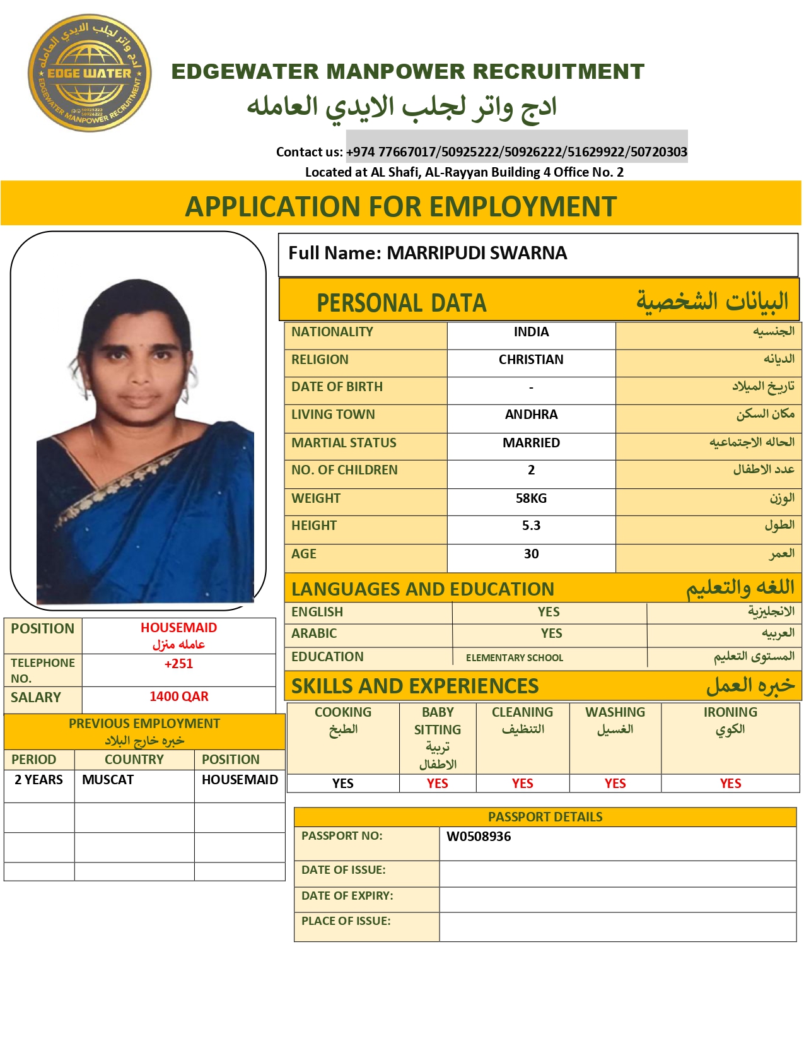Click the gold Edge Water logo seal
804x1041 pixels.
pyautogui.click(x=90, y=73)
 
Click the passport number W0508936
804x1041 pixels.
pyautogui.click(x=479, y=837)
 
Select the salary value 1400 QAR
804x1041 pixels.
pyautogui.click(x=178, y=697)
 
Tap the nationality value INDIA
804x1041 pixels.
pyautogui.click(x=531, y=332)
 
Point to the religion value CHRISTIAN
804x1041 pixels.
pyautogui.click(x=531, y=360)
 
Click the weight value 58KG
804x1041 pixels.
pyautogui.click(x=531, y=498)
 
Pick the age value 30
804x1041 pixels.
pyautogui.click(x=531, y=554)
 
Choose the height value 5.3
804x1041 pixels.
pyautogui.click(x=531, y=526)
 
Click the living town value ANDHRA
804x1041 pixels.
pyautogui.click(x=531, y=415)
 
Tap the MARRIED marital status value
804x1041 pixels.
pyautogui.click(x=531, y=443)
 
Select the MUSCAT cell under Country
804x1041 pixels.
pyautogui.click(x=108, y=780)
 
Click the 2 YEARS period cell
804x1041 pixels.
pyautogui.click(x=38, y=780)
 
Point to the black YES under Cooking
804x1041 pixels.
pyautogui.click(x=342, y=784)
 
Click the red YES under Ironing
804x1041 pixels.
pyautogui.click(x=730, y=784)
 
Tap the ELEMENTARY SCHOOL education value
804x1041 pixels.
pyautogui.click(x=515, y=658)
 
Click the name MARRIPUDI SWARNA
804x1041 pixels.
pyautogui.click(x=477, y=253)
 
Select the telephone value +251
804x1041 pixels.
pyautogui.click(x=178, y=664)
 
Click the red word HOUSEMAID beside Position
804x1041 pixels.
pyautogui.click(x=178, y=628)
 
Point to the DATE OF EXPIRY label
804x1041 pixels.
pyautogui.click(x=347, y=896)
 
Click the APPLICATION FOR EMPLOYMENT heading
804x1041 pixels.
pyautogui.click(x=401, y=206)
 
